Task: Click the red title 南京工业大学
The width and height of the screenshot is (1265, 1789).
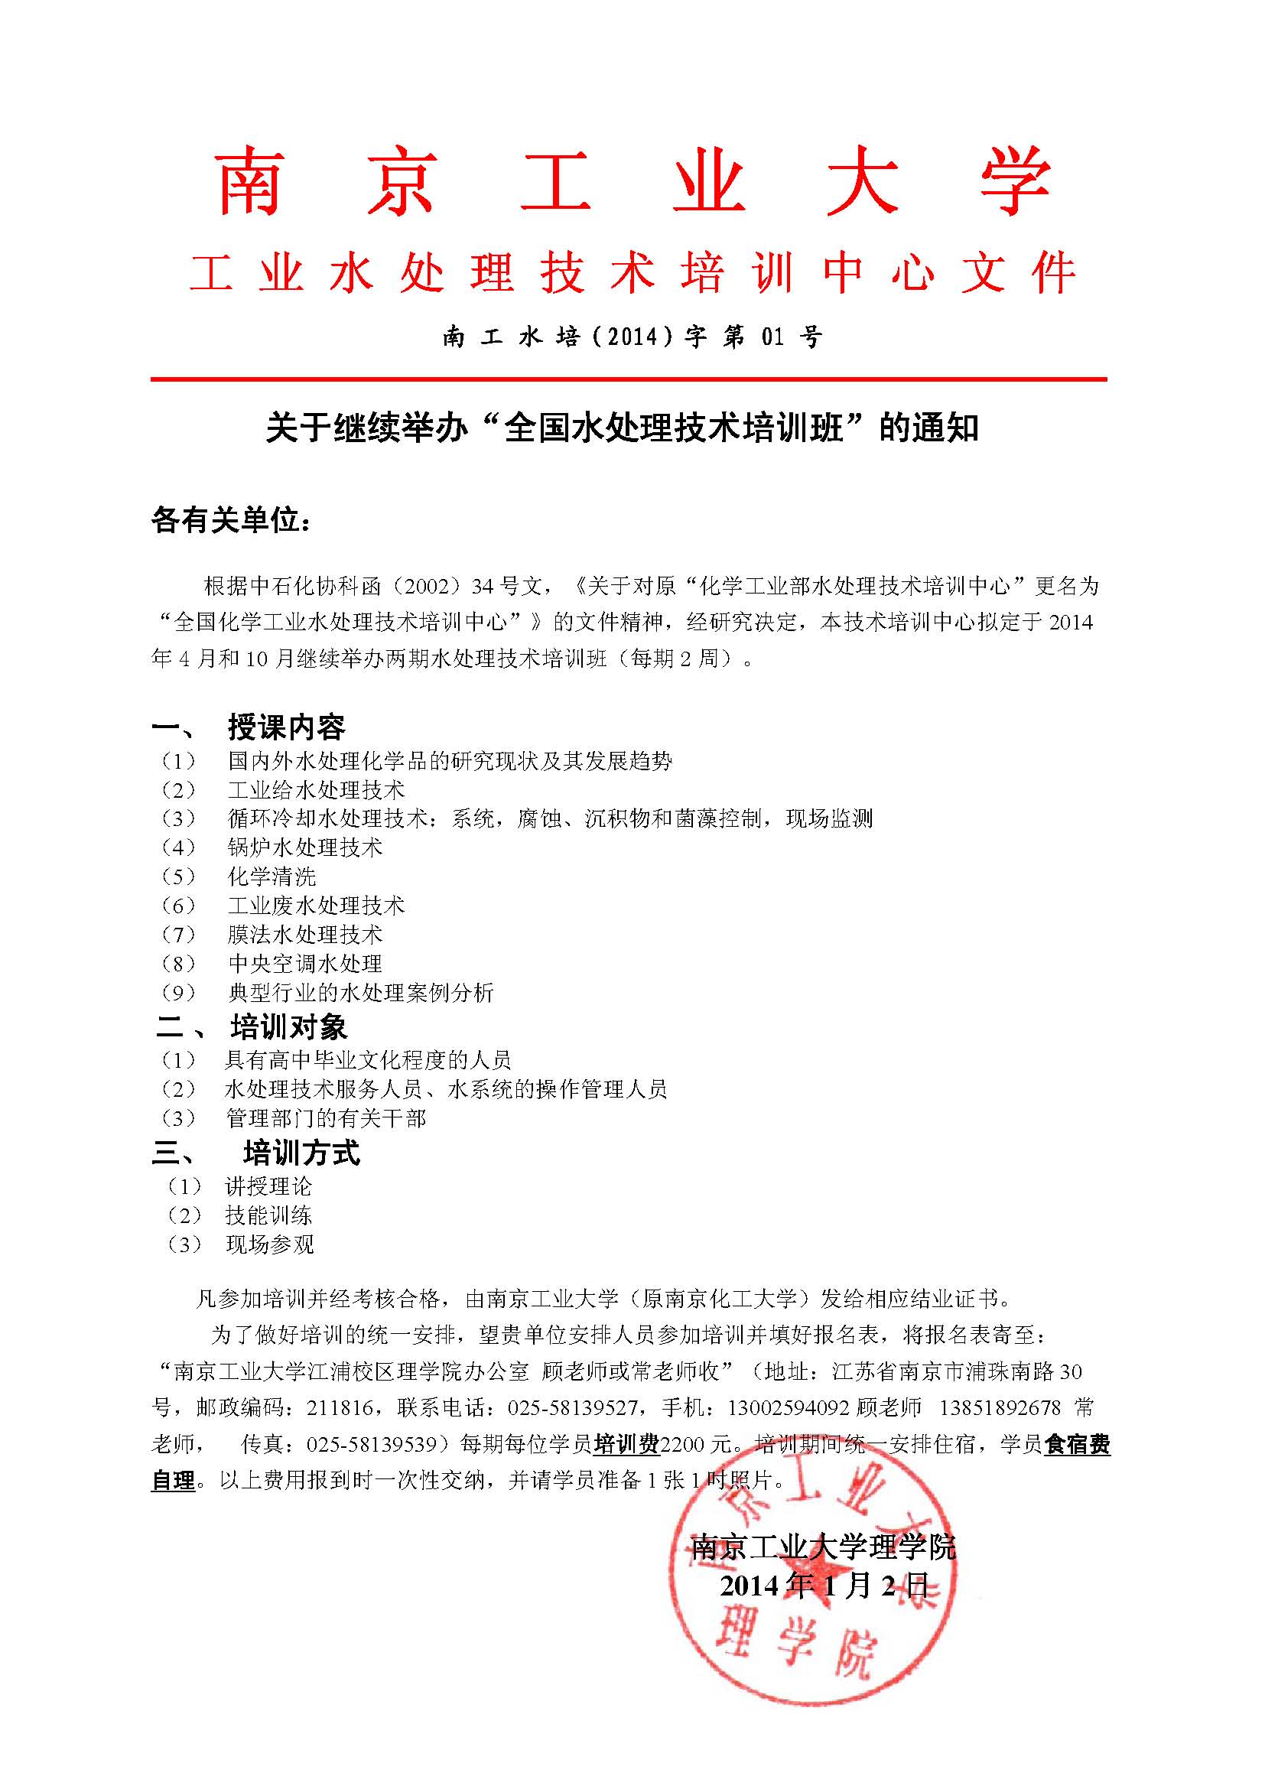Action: click(x=632, y=181)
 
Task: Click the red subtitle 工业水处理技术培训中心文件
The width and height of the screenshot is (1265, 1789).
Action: click(x=632, y=274)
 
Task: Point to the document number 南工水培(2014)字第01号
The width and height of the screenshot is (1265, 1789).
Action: click(x=632, y=337)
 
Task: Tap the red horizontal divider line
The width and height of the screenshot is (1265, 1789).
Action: click(x=628, y=379)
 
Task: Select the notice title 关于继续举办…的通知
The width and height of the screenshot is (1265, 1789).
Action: click(x=622, y=428)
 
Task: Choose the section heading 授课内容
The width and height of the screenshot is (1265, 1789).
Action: click(x=286, y=727)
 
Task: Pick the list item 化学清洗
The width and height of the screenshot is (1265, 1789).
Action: click(x=272, y=877)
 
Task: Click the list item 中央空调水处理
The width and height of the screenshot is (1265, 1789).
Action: click(x=304, y=964)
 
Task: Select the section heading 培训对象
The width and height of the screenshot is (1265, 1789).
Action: click(x=288, y=1027)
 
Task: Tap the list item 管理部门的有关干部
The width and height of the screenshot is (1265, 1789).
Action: click(x=326, y=1119)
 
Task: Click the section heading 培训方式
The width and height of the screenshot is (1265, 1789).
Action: click(x=301, y=1153)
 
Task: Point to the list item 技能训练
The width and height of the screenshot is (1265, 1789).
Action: click(x=268, y=1215)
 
